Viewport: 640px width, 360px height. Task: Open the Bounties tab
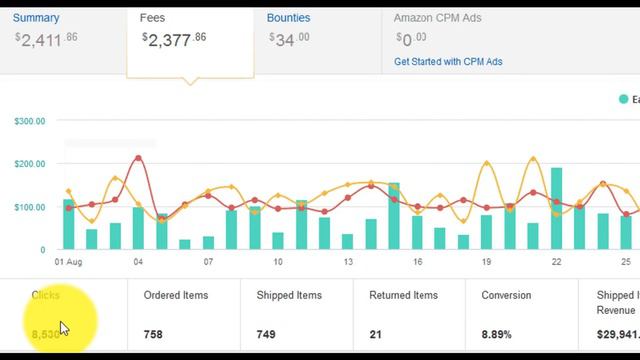pyautogui.click(x=288, y=18)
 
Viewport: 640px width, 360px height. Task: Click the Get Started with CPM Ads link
pyautogui.click(x=448, y=62)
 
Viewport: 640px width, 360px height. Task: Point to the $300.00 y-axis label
pyautogui.click(x=30, y=122)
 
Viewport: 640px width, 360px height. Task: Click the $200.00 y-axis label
pyautogui.click(x=30, y=164)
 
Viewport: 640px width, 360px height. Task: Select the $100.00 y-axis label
pyautogui.click(x=30, y=207)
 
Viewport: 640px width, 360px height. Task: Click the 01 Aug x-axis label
pyautogui.click(x=68, y=263)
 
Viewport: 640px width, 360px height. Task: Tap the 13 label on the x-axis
pyautogui.click(x=347, y=263)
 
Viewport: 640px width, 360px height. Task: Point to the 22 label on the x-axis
pyautogui.click(x=556, y=263)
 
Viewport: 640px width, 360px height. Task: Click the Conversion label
pyautogui.click(x=506, y=296)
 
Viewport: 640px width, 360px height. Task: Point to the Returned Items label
pyautogui.click(x=403, y=296)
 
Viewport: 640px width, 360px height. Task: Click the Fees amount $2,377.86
pyautogui.click(x=176, y=39)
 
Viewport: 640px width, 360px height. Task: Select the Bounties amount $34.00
pyautogui.click(x=289, y=39)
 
